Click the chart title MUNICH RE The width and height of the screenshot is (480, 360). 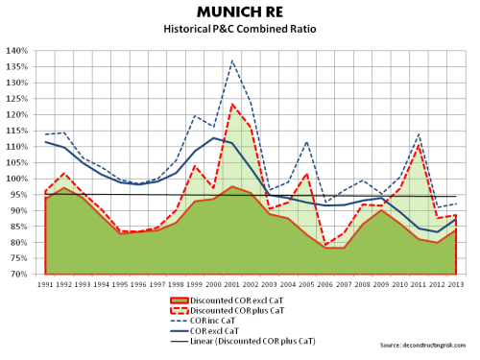241,14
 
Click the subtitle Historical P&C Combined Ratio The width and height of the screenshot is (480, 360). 241,33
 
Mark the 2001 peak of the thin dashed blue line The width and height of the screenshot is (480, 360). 232,60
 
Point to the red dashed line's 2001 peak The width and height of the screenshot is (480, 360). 232,105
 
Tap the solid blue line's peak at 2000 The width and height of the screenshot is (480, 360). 213,138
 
